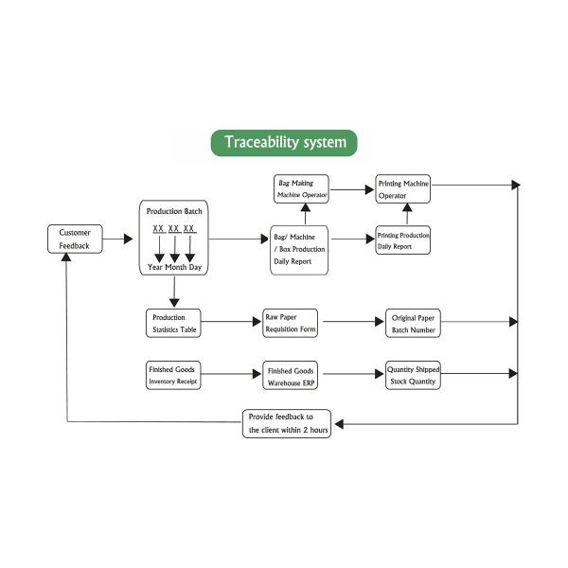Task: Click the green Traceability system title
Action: tap(284, 143)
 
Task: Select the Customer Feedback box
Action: tap(74, 239)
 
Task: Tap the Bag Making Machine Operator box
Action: tap(302, 188)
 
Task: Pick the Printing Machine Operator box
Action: tap(403, 188)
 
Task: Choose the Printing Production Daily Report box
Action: tap(403, 240)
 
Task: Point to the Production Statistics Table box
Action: tap(172, 323)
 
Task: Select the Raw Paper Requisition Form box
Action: tap(291, 323)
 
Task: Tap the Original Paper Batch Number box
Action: tap(413, 323)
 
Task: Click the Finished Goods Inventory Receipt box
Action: tap(173, 375)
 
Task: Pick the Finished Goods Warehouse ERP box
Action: tap(291, 375)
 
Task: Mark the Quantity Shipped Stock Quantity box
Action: tap(413, 375)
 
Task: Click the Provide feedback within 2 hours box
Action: tap(287, 423)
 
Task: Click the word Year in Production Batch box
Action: tap(157, 267)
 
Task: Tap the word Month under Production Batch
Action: tap(175, 267)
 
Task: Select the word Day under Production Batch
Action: tap(194, 267)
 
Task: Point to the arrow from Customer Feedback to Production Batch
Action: tap(117, 240)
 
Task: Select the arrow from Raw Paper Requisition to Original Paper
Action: tap(351, 323)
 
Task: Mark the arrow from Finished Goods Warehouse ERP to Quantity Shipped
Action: tap(351, 375)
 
